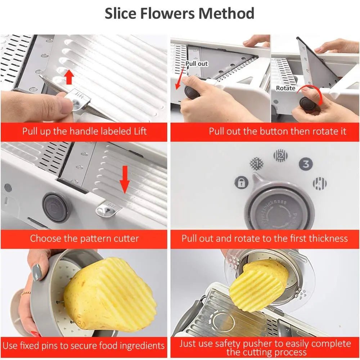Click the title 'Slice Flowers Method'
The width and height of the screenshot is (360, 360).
point(179,14)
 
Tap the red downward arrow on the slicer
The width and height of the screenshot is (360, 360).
point(125,179)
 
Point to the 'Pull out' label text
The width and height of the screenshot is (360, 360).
point(197,64)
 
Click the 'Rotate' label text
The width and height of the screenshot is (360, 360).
point(285,88)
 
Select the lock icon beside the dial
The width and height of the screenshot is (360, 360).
point(241,182)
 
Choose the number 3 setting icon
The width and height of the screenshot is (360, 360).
point(306,165)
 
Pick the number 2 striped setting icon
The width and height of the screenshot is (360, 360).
point(280,156)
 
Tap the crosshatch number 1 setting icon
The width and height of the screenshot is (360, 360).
point(257,163)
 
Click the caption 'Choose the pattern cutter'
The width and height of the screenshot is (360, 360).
point(84,238)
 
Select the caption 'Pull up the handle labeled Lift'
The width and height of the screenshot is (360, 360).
point(84,131)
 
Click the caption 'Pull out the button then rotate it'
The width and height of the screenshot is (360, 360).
point(278,131)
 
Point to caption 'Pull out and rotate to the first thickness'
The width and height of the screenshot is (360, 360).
point(265,238)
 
